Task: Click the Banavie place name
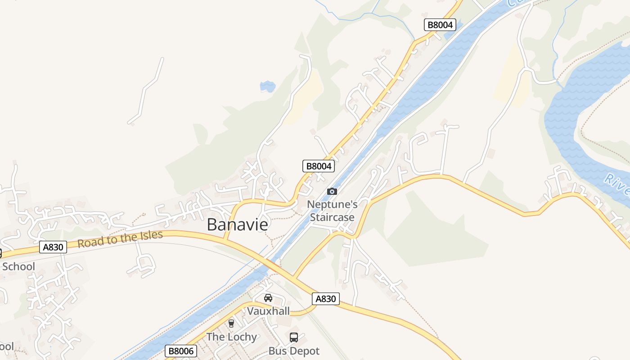[x=237, y=225]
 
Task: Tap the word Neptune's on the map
[x=332, y=205]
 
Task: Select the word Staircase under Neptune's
[x=332, y=217]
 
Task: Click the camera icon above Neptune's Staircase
[x=332, y=192]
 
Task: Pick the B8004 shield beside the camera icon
[x=319, y=166]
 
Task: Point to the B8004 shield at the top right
[x=440, y=25]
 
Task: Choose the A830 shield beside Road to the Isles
[x=53, y=247]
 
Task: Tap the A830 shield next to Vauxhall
[x=325, y=299]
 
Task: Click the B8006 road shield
[x=181, y=351]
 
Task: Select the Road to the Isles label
[x=120, y=239]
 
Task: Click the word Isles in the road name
[x=150, y=236]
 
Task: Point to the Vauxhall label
[x=268, y=311]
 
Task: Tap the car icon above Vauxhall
[x=268, y=298]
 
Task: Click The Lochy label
[x=231, y=337]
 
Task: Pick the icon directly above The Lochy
[x=231, y=323]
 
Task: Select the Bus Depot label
[x=294, y=351]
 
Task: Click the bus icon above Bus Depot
[x=294, y=337]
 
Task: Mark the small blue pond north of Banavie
[x=268, y=86]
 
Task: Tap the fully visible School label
[x=18, y=266]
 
